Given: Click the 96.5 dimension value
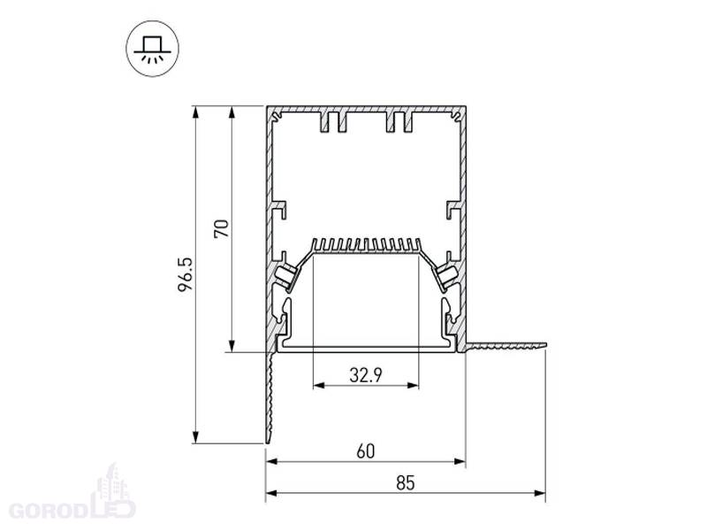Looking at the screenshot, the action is [186, 274].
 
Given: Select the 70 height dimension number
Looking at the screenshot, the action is [222, 228].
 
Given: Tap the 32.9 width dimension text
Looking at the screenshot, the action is [366, 374].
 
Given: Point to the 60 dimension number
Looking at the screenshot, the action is [365, 451].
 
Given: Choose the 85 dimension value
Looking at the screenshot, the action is [406, 482].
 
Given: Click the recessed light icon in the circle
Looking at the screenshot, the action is [152, 49].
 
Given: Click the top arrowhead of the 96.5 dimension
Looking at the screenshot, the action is [195, 112].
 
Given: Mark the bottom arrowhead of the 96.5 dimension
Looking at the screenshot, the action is [195, 437].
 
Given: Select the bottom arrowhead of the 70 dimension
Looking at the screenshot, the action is [232, 346].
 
